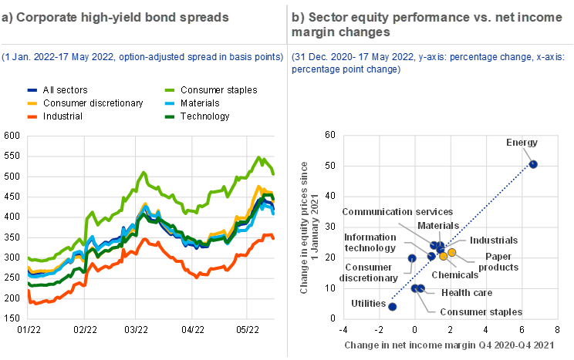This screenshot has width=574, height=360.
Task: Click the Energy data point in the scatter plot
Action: [533, 164]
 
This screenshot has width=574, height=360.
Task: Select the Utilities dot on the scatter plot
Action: [393, 307]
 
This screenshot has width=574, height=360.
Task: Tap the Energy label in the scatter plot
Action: [522, 143]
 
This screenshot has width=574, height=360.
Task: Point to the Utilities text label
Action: [367, 304]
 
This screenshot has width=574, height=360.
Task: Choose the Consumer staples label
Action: [481, 312]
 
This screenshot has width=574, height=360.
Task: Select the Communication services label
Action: [398, 211]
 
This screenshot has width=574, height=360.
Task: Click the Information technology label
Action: [370, 243]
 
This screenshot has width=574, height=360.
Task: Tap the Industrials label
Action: [494, 241]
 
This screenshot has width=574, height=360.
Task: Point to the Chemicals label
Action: [455, 274]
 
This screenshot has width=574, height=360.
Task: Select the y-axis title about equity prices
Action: [309, 227]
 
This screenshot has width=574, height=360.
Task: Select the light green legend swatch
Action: [170, 91]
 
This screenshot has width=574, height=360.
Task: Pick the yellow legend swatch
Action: [32, 103]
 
